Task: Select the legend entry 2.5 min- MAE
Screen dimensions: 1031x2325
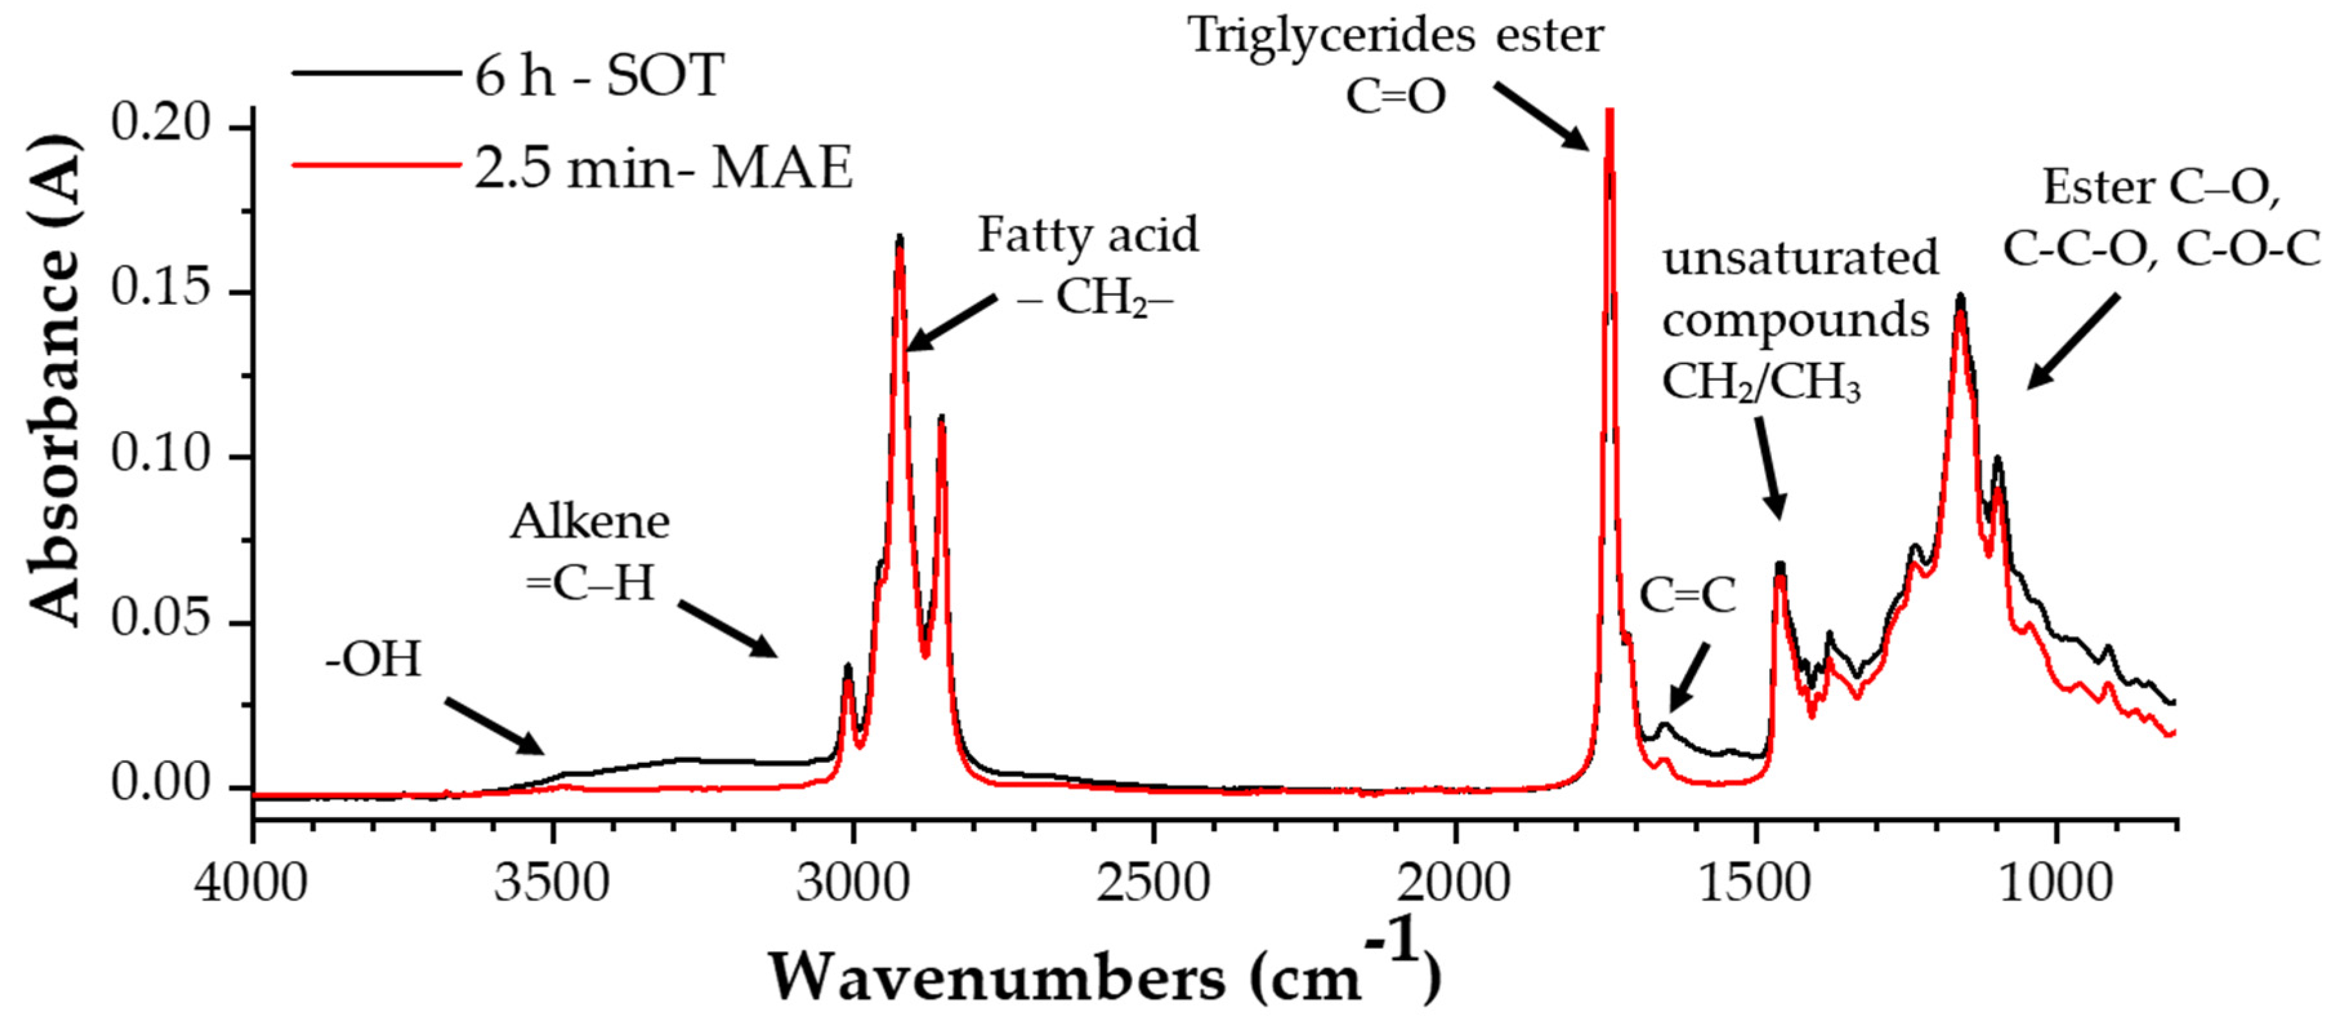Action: coord(663,168)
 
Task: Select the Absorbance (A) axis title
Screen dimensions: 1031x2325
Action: coord(56,379)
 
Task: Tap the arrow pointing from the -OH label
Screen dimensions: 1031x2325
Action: coord(494,725)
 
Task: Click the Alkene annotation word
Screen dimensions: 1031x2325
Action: coord(591,522)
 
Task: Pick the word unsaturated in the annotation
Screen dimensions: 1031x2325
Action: coord(1801,258)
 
